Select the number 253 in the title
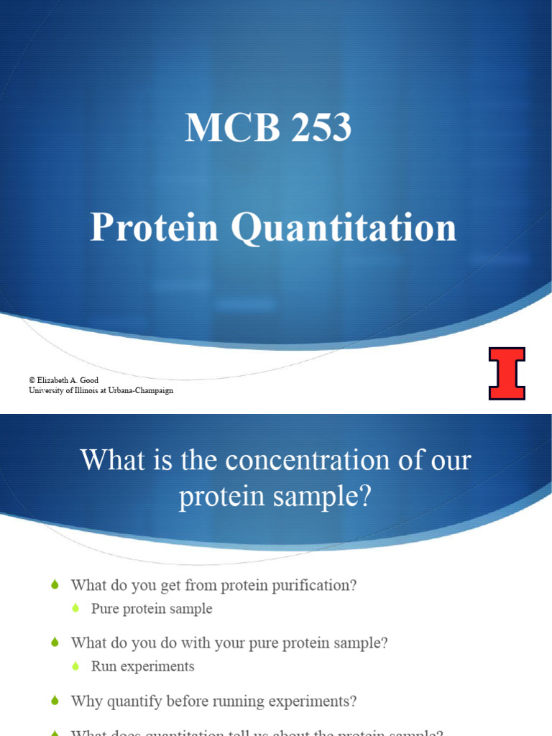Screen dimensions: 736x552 (318, 128)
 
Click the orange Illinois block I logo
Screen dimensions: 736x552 (507, 373)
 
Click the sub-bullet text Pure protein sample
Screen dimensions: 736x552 (152, 609)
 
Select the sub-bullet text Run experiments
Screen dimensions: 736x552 (142, 666)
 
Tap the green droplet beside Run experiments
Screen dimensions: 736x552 (77, 667)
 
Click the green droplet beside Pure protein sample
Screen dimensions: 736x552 (77, 609)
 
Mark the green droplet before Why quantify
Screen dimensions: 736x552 (56, 701)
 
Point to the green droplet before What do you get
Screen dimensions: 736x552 (56, 585)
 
